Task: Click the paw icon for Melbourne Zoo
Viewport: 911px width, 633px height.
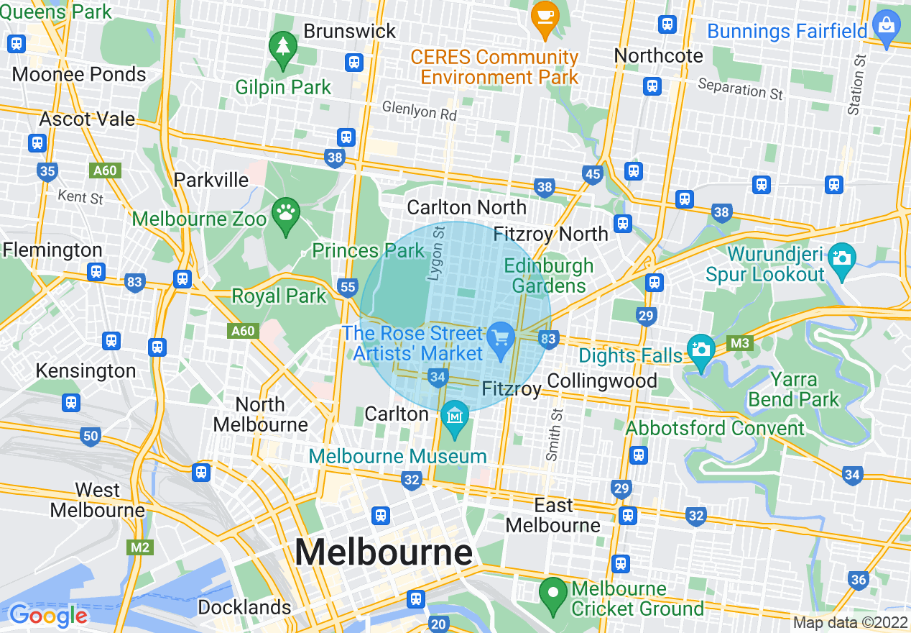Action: coord(285,214)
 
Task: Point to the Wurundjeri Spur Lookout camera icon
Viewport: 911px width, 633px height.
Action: coord(841,256)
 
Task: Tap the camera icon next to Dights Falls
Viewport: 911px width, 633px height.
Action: coord(701,350)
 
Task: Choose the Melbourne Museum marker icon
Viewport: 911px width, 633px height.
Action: coord(454,417)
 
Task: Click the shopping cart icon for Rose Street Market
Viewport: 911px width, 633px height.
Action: coord(501,338)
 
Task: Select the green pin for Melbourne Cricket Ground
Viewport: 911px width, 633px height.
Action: coord(553,594)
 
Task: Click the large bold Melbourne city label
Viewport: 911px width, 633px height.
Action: coord(384,552)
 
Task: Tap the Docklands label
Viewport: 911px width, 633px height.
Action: coord(244,607)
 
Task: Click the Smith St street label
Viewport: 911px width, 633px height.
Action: coord(552,434)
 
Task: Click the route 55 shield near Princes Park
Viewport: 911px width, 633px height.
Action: coord(348,288)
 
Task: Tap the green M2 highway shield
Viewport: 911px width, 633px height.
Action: coord(140,547)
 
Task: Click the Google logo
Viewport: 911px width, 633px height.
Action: coord(48,615)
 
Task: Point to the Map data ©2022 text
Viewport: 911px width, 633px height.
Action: coord(849,623)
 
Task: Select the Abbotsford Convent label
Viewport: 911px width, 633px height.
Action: coord(716,429)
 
